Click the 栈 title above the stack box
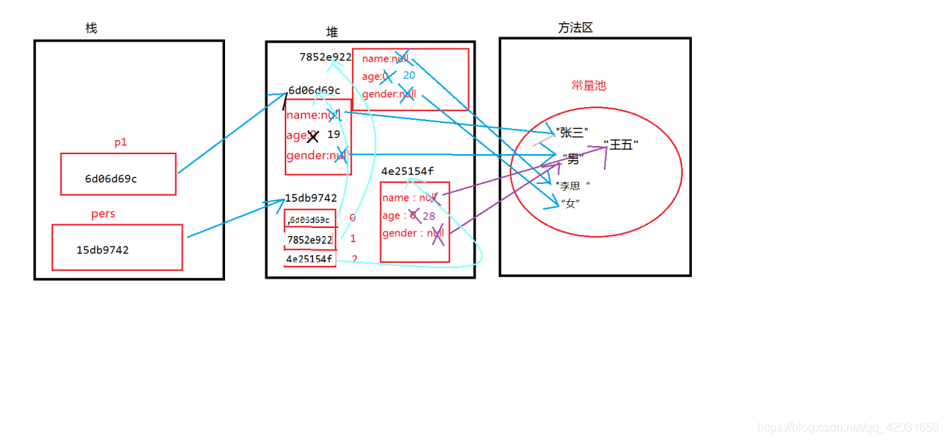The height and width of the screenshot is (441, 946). click(91, 28)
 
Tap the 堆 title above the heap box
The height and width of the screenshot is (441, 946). click(332, 32)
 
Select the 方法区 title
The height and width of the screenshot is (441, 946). click(575, 28)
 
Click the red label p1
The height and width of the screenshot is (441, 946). click(121, 143)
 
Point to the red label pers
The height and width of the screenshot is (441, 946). click(103, 214)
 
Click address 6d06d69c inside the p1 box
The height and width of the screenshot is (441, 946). click(111, 179)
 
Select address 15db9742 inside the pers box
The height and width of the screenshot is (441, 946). click(103, 250)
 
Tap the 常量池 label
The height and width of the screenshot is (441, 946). click(589, 86)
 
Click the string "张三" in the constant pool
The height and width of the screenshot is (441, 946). click(572, 133)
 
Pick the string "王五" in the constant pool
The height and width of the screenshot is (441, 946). click(621, 145)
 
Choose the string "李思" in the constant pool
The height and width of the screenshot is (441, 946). click(573, 185)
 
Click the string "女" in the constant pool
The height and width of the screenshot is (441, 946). click(570, 203)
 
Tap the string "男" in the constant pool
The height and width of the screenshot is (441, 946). click(573, 159)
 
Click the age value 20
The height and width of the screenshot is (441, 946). click(409, 75)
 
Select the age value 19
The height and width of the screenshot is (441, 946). click(333, 135)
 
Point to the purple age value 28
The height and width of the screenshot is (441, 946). click(429, 216)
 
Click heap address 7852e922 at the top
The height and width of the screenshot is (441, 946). click(325, 57)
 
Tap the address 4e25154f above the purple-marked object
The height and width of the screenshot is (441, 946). click(407, 171)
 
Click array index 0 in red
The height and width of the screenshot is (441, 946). click(353, 218)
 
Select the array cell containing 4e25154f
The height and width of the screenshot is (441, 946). click(309, 259)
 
